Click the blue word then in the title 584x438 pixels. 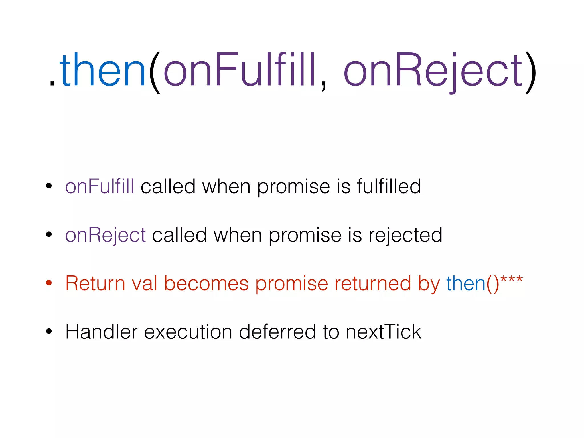(103, 70)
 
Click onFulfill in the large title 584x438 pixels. (240, 70)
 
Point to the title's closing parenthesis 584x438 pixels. (531, 73)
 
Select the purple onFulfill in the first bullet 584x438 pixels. (100, 186)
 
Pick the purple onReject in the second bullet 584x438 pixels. (106, 235)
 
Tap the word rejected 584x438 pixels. (405, 235)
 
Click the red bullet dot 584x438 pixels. (49, 283)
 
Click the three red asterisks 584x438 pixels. (512, 279)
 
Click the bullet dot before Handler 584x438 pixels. (49, 331)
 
